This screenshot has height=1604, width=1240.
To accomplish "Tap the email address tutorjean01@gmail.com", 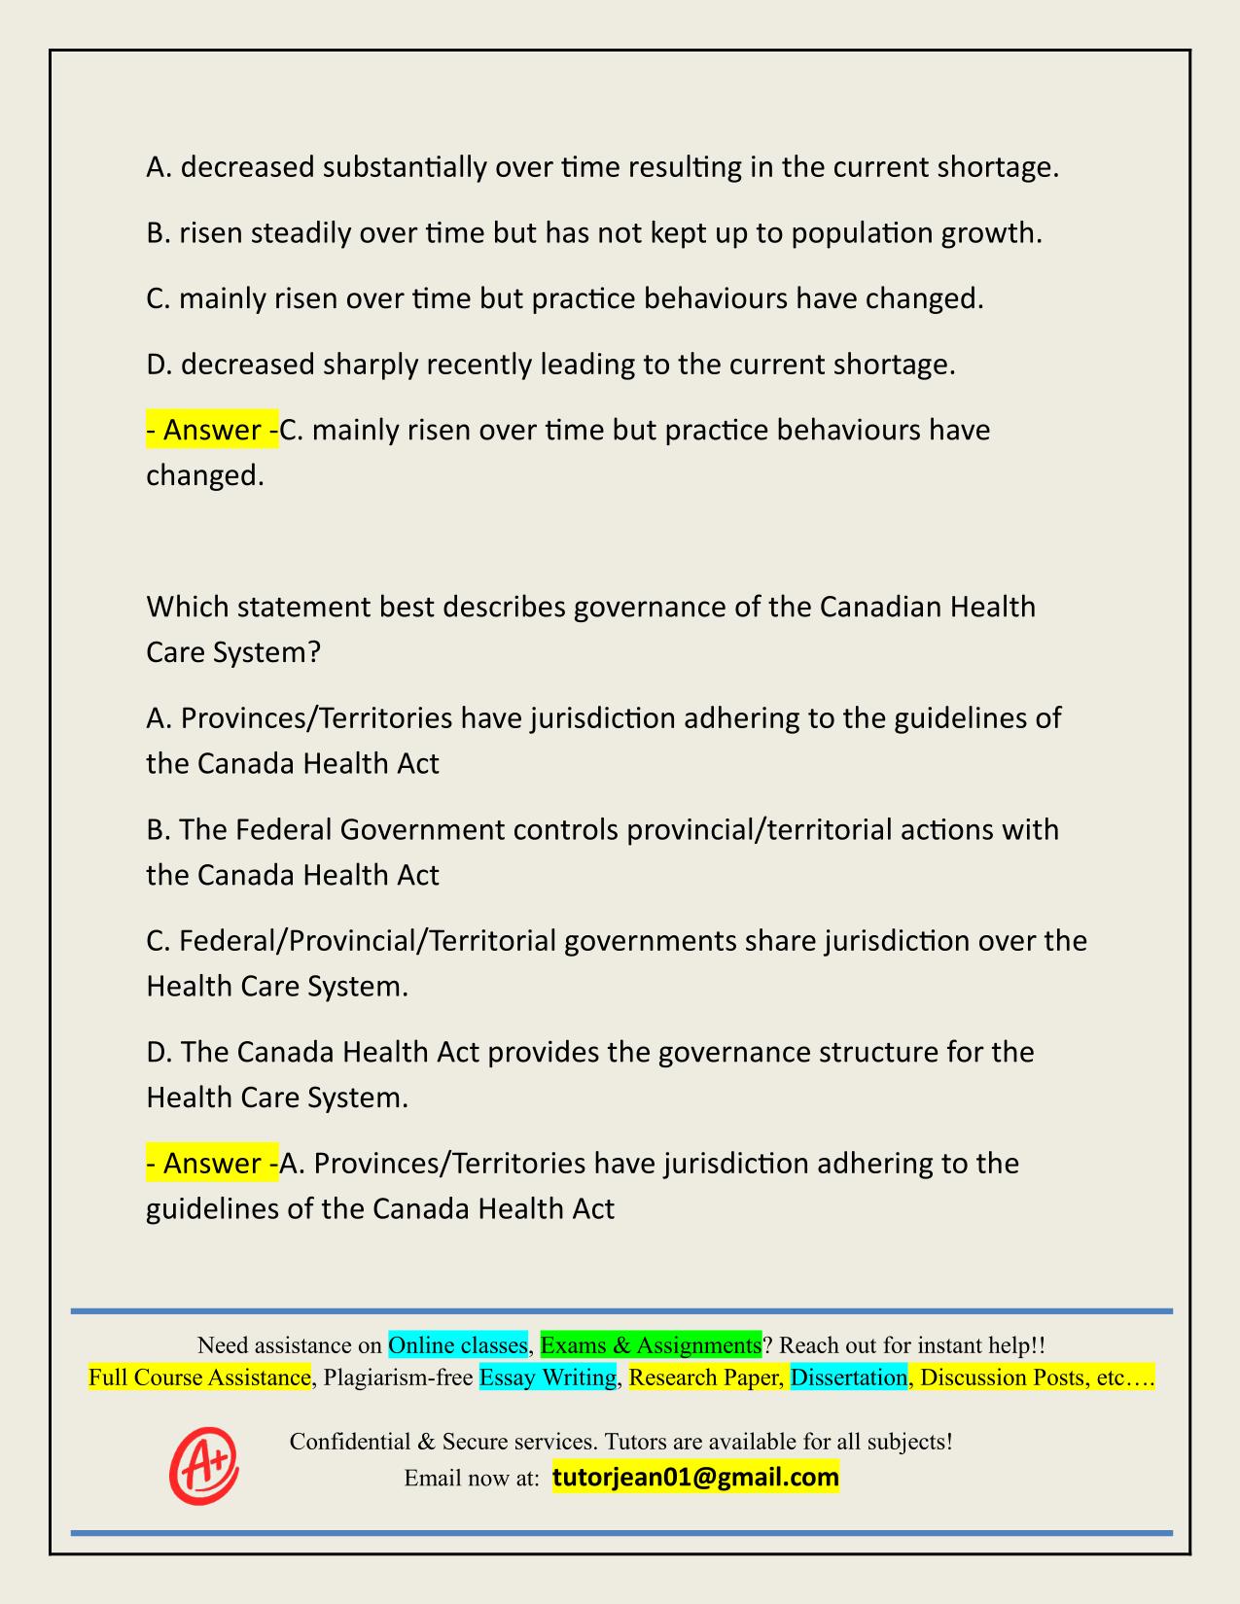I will pos(695,1478).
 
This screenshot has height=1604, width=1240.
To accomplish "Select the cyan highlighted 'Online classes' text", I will pos(457,1345).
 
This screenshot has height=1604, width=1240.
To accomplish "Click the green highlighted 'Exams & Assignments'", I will pos(651,1345).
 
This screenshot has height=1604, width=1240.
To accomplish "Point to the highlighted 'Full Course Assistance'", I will pos(199,1377).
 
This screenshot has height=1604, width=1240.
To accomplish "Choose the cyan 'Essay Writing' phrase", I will pos(549,1377).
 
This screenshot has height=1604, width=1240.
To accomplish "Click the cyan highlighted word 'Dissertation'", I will pos(848,1377).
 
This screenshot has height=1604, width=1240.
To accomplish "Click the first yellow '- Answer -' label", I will pos(212,430).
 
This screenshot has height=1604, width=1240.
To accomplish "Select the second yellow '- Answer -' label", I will pos(212,1164).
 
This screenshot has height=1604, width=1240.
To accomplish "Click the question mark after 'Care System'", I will pos(313,651).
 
